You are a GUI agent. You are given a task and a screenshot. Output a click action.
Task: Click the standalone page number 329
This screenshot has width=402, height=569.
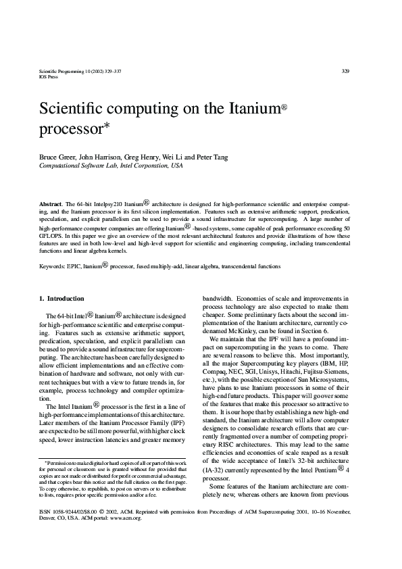click(345, 71)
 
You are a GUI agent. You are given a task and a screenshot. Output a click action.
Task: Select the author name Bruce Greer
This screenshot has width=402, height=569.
click(57, 157)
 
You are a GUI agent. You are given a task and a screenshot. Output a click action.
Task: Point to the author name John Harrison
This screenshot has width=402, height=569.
click(102, 157)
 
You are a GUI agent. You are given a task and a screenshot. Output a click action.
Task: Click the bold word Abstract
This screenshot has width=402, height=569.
click(51, 202)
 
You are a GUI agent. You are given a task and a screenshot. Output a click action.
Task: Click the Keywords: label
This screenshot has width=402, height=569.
click(54, 266)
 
